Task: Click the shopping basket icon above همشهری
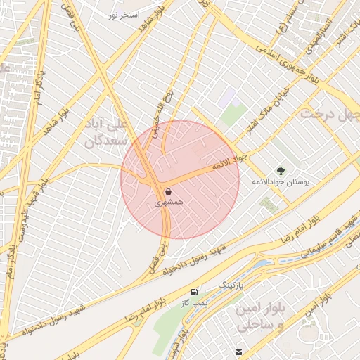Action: click(x=168, y=191)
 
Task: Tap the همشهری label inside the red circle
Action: click(x=169, y=202)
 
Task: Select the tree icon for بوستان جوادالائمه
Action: click(x=281, y=170)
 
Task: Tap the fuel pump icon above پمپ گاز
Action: click(x=194, y=292)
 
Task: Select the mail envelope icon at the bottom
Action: click(x=239, y=352)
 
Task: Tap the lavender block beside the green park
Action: click(x=226, y=98)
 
